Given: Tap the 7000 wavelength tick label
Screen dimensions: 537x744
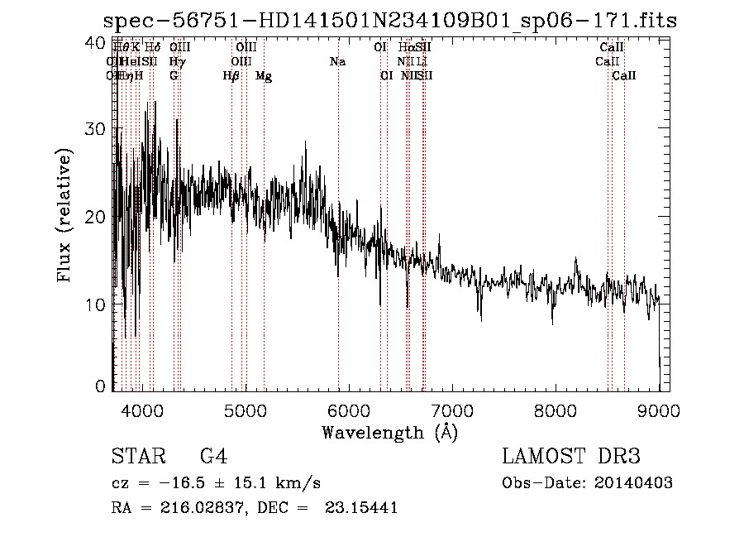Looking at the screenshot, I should (452, 411).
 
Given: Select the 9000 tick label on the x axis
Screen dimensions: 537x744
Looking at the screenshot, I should (659, 411).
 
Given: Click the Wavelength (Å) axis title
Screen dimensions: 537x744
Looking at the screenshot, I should (389, 432).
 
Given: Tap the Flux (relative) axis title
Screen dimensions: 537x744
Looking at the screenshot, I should (64, 215).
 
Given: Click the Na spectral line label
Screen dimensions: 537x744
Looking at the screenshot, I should (337, 62).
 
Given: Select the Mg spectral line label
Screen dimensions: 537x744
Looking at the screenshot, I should (264, 76).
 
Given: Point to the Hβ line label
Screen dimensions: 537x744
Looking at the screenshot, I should (231, 76).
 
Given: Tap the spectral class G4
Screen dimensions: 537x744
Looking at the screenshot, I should (214, 457).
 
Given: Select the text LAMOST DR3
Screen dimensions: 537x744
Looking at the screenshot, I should (571, 457).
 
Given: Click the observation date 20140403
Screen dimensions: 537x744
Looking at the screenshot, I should (633, 483).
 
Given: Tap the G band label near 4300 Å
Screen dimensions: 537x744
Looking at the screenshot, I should (174, 76).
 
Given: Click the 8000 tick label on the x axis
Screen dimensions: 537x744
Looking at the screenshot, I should (556, 411).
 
